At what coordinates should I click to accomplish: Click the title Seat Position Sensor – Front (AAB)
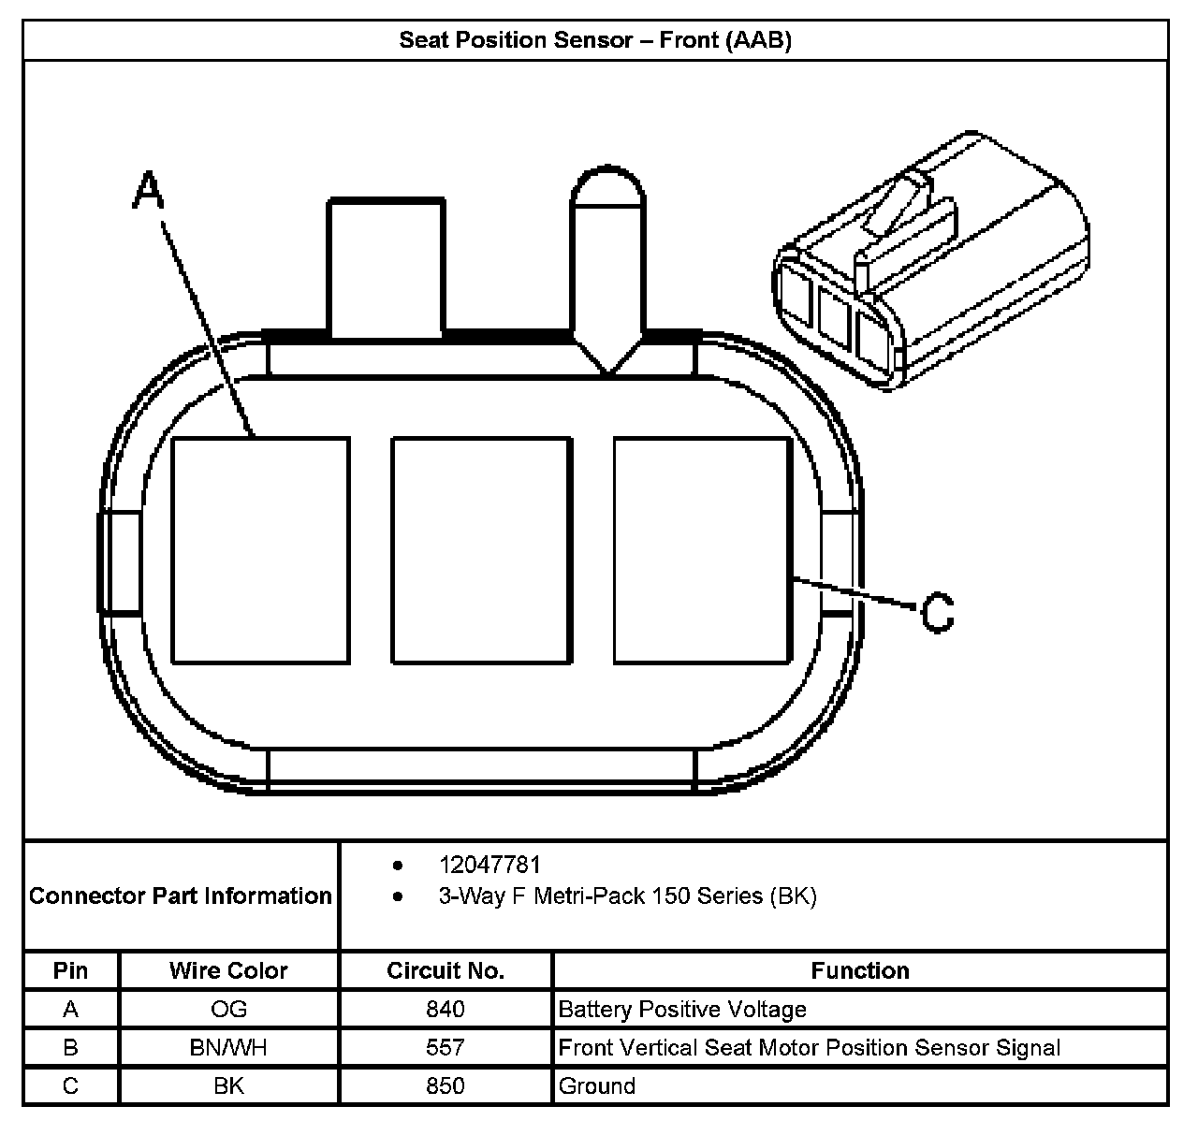tap(595, 40)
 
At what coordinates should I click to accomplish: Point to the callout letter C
tap(937, 613)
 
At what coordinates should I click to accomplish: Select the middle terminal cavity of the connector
tap(481, 550)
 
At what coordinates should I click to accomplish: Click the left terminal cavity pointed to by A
tap(261, 550)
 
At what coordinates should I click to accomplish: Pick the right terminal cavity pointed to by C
tap(703, 550)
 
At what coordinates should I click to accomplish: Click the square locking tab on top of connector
tap(385, 267)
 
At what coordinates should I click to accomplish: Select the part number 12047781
tap(489, 865)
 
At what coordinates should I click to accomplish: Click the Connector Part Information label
tap(181, 895)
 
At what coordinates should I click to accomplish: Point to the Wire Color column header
tap(228, 970)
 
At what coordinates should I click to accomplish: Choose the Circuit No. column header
tap(446, 970)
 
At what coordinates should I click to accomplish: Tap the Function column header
tap(860, 970)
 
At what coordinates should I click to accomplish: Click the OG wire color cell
tap(228, 1009)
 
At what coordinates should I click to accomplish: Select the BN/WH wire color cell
tap(228, 1047)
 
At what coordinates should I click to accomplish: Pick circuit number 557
tap(446, 1047)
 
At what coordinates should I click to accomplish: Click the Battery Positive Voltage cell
tap(682, 1009)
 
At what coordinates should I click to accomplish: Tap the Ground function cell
tap(597, 1085)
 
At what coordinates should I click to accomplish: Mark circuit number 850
tap(446, 1085)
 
